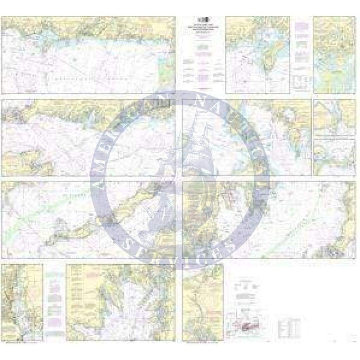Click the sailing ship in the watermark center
coord(180,172)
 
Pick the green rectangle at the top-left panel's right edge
coord(165,71)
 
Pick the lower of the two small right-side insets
coord(334,157)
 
